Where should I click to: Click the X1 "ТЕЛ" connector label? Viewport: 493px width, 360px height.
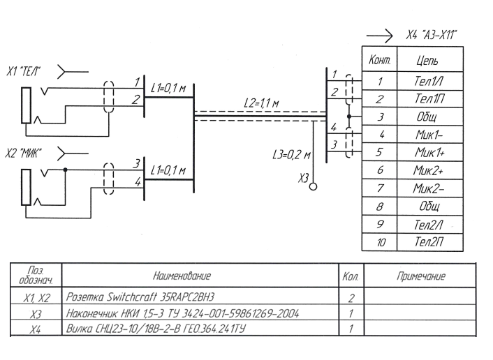(x=23, y=72)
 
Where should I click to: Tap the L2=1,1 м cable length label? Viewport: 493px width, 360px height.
(x=261, y=103)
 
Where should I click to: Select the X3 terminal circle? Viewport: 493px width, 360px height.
(x=313, y=186)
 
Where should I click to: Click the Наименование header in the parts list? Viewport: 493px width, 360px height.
(x=199, y=276)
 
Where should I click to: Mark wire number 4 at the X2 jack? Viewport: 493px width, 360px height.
(x=137, y=182)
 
